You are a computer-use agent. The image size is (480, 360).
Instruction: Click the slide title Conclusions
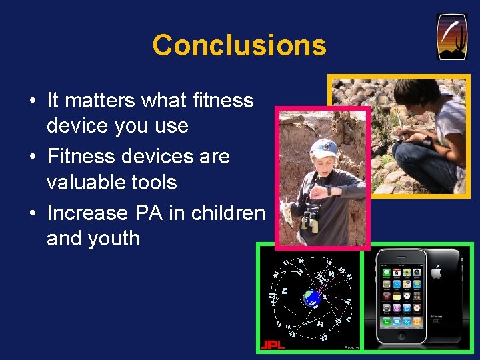click(239, 45)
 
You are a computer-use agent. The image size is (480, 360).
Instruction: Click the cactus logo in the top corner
click(451, 37)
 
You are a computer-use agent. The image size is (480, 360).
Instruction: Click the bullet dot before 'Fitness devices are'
click(33, 157)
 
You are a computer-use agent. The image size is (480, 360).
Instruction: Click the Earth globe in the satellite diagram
click(311, 298)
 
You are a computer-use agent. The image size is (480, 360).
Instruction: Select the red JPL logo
click(271, 344)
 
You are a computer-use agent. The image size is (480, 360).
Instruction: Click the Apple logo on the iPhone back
click(436, 272)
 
